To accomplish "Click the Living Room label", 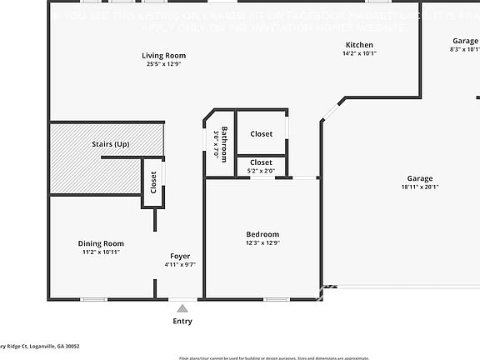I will [x=163, y=55].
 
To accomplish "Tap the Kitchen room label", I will [x=359, y=45].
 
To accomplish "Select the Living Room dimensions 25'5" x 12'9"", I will [x=163, y=63].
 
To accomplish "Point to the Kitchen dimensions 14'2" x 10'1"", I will [x=359, y=53].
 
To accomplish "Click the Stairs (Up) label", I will [x=110, y=144].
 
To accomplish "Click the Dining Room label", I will [x=101, y=243].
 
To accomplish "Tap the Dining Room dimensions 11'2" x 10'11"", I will [x=101, y=252].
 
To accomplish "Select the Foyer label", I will [x=180, y=256].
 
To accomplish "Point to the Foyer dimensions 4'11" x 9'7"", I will [x=180, y=265].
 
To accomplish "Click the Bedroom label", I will [x=262, y=234].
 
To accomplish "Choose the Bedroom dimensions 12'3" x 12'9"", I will [x=262, y=243].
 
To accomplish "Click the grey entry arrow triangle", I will [x=182, y=308].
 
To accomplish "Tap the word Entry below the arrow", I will [x=182, y=321].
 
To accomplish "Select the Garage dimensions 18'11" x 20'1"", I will [x=420, y=187].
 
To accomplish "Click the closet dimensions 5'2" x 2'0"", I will [x=262, y=171].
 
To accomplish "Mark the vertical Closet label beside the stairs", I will [x=153, y=182].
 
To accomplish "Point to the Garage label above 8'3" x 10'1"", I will [x=465, y=41].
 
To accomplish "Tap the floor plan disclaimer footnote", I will [x=273, y=357].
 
